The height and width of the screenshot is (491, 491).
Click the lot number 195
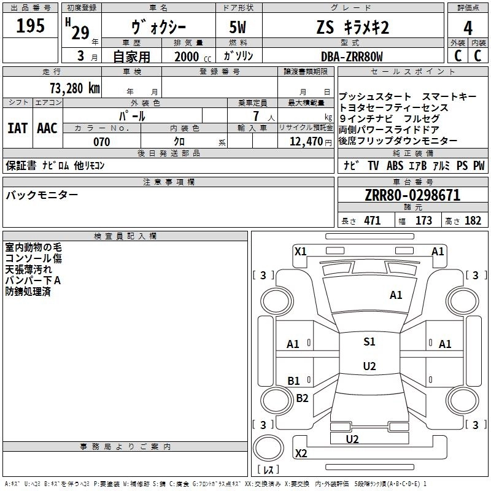click(x=31, y=26)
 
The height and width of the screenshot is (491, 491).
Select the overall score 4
click(x=468, y=28)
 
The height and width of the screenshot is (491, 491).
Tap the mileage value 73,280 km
click(x=74, y=88)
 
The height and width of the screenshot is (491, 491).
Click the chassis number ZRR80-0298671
click(x=412, y=196)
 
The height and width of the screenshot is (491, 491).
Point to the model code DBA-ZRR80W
click(x=352, y=56)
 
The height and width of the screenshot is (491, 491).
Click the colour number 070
click(x=101, y=142)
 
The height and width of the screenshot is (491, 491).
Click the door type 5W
click(x=239, y=28)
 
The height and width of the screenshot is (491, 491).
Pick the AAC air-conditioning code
click(x=47, y=128)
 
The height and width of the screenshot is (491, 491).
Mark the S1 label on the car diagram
click(x=369, y=342)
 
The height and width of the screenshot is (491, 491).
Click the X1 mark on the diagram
click(x=300, y=250)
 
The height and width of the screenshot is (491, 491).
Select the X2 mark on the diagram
click(x=301, y=453)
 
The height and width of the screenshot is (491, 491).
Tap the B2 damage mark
click(x=302, y=398)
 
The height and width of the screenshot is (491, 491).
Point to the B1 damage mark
click(x=293, y=381)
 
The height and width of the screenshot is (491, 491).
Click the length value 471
click(x=372, y=221)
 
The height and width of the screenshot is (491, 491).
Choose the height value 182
click(x=473, y=221)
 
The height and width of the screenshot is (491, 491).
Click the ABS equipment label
click(x=395, y=166)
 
